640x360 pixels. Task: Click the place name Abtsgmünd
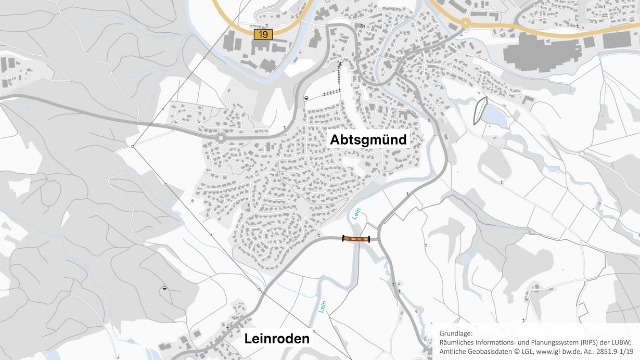coord(367,139)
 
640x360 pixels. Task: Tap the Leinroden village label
coord(277,339)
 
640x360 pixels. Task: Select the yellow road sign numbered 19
coord(263,34)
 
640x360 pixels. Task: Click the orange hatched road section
coord(356,239)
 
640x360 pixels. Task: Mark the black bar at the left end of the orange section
coord(343,239)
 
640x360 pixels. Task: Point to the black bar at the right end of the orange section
coord(369,239)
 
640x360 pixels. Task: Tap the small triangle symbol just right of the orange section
coord(379,239)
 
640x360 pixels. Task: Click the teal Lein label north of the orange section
coord(356,214)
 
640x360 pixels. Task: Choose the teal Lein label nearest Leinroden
coord(322,306)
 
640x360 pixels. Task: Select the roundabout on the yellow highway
coord(464,23)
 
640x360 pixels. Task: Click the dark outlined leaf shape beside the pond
coord(479,111)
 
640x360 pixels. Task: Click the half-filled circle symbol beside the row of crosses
coord(306,97)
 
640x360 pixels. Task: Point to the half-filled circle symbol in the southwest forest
coord(164,287)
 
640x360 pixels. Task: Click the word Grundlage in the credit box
coord(456,333)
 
